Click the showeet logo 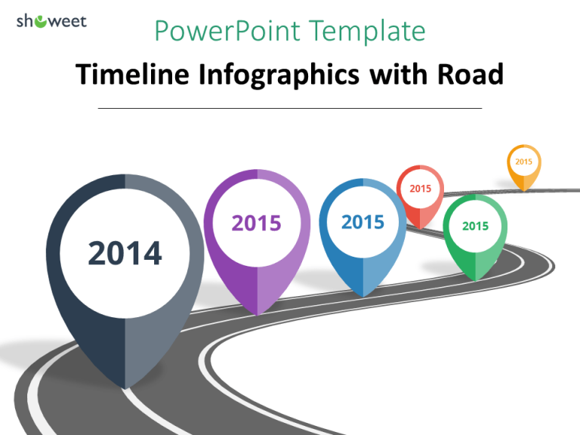point(51,21)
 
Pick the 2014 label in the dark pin point(125,253)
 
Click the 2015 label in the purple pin point(256,223)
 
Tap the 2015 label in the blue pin point(362,222)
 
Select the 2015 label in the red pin point(420,188)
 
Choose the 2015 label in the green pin point(475,226)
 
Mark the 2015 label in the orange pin point(523,161)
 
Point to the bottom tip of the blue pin point(363,296)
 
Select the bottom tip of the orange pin point(523,190)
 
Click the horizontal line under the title point(290,108)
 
